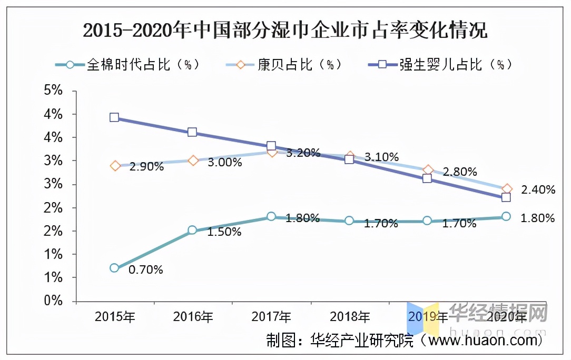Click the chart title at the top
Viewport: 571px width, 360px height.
[x=285, y=31]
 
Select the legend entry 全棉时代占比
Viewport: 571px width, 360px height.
[x=127, y=65]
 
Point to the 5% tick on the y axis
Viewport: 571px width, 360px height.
[x=53, y=91]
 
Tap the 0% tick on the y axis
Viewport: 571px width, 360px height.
[x=53, y=301]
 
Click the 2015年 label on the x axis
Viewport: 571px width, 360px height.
[x=114, y=317]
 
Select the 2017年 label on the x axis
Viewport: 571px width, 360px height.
[x=271, y=317]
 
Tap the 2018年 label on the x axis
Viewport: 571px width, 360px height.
[x=350, y=317]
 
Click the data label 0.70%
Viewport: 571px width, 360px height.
[x=145, y=270]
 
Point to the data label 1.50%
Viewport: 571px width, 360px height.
[x=224, y=232]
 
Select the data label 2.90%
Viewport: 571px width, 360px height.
[x=146, y=167]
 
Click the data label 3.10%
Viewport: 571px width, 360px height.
[x=381, y=157]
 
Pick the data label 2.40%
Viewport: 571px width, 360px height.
[x=537, y=190]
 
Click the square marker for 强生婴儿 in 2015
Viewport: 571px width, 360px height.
[x=114, y=117]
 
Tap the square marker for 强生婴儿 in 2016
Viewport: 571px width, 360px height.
[x=192, y=132]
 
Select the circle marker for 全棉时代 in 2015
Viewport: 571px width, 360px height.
[x=114, y=268]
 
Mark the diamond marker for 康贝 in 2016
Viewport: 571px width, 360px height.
[x=193, y=161]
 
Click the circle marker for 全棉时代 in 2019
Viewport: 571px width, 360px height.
[x=427, y=221]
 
